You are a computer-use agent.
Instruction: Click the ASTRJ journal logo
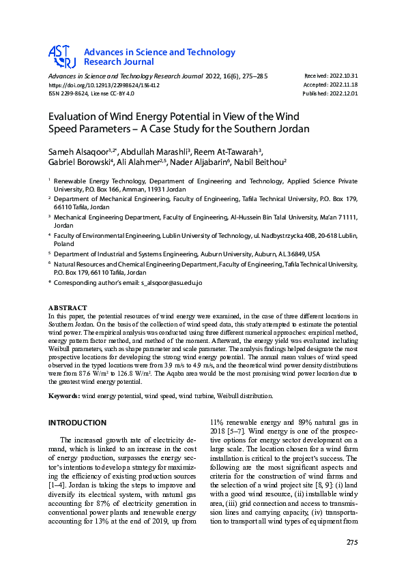coord(62,57)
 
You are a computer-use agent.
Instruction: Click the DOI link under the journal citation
coord(103,85)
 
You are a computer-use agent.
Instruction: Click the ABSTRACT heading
coord(68,308)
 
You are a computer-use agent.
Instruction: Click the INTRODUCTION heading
coord(77,423)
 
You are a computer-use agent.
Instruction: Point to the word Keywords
coord(63,396)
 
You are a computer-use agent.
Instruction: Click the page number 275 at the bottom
coord(352,543)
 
